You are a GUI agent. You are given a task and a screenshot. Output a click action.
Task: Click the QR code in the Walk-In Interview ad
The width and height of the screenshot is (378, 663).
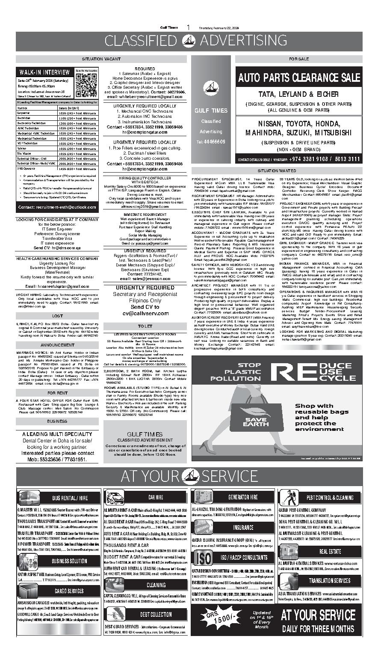(86, 85)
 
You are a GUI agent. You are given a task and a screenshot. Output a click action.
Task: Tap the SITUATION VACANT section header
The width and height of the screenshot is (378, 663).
(101, 59)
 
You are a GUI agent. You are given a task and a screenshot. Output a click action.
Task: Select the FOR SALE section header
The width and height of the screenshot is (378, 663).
(298, 59)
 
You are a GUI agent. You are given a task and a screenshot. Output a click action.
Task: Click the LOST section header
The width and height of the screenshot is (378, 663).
(57, 316)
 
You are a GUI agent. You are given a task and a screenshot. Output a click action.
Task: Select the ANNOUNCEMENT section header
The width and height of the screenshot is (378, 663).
(57, 345)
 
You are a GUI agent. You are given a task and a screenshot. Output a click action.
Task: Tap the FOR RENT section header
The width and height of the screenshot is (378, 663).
(57, 392)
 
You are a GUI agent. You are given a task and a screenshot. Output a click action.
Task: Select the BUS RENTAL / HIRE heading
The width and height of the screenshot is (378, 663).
(70, 498)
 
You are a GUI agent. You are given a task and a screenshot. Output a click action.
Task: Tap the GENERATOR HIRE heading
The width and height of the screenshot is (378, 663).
(243, 497)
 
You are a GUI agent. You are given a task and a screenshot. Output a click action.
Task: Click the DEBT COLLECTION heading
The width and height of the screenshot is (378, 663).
(156, 614)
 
